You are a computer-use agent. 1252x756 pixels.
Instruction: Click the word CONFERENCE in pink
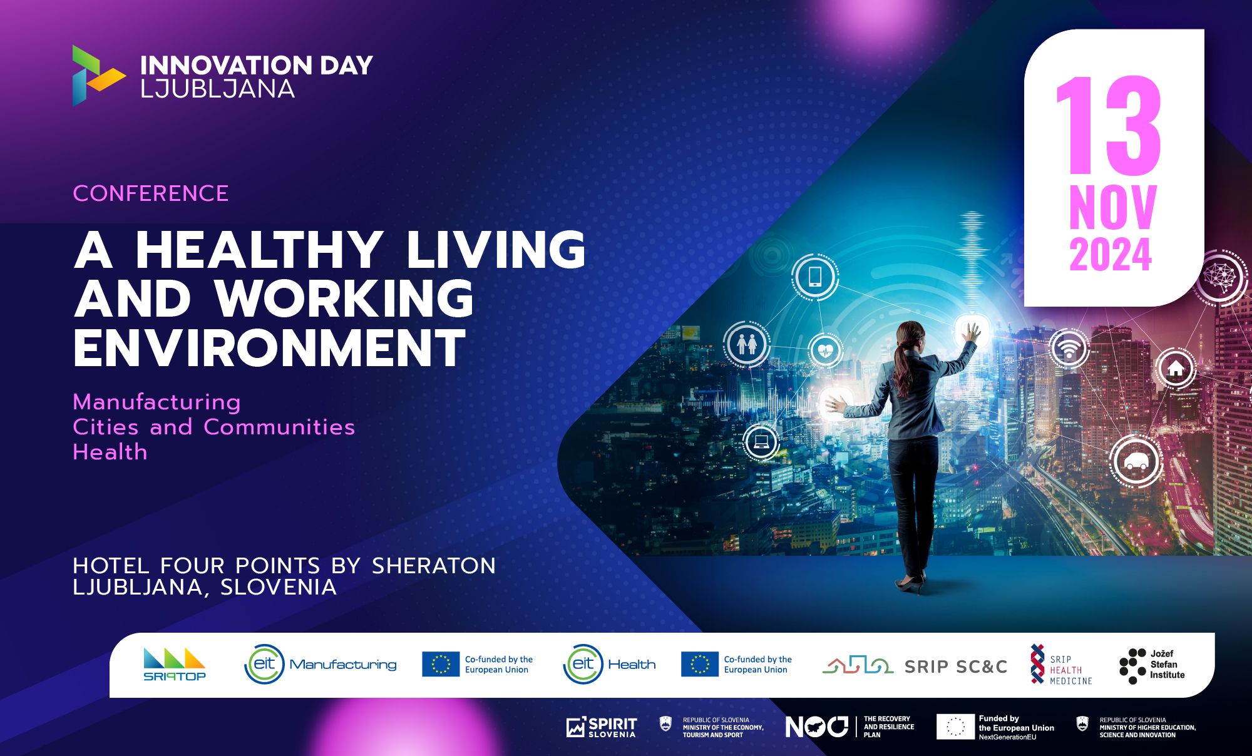[x=151, y=193]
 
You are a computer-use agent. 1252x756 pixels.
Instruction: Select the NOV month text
[x=1112, y=208]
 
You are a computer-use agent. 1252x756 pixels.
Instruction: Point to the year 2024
[x=1111, y=254]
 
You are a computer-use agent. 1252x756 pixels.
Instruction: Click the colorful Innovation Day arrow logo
[x=96, y=75]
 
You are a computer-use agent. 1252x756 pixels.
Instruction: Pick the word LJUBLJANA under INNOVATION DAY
[x=217, y=89]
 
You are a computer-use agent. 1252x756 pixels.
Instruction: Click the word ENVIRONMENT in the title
[x=270, y=348]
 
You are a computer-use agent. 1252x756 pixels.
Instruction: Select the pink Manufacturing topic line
[x=156, y=402]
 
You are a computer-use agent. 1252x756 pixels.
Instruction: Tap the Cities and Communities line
[x=213, y=427]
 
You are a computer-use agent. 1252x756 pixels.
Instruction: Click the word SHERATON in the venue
[x=433, y=566]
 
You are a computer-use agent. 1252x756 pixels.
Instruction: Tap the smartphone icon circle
[x=815, y=276]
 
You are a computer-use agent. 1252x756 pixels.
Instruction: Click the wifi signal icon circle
[x=1069, y=348]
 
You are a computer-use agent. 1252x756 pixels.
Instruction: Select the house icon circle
[x=1176, y=368]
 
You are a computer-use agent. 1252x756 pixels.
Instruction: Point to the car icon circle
[x=1136, y=462]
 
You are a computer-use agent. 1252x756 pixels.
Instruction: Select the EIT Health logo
[x=609, y=664]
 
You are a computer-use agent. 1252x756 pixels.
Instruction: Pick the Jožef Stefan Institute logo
[x=1152, y=665]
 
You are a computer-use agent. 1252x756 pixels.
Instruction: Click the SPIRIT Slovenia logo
[x=602, y=727]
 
